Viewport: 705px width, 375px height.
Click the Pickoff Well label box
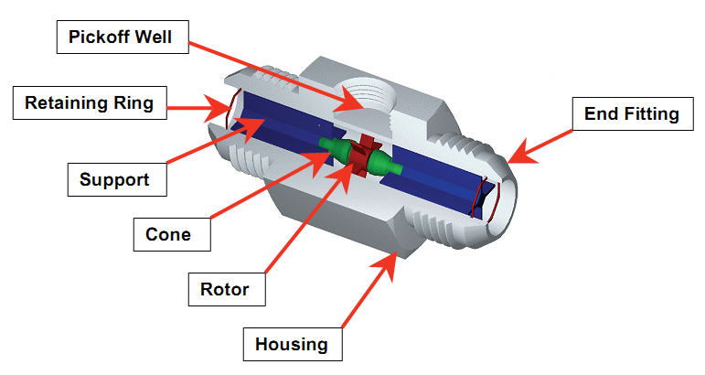click(123, 37)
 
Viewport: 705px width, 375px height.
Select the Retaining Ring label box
click(90, 103)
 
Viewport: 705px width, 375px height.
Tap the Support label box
click(117, 179)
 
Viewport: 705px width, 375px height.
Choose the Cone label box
click(172, 234)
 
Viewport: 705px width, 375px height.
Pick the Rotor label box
click(227, 289)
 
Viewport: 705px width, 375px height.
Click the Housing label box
click(293, 344)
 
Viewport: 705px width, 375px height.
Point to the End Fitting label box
click(633, 113)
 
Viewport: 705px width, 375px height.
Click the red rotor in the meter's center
click(364, 155)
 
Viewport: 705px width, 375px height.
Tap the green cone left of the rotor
click(335, 149)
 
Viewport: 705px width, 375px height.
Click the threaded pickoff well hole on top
click(367, 97)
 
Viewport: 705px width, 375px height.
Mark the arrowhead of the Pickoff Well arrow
click(351, 102)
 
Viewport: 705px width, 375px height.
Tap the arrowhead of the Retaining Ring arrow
click(218, 108)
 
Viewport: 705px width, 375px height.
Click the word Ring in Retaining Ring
click(134, 103)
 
